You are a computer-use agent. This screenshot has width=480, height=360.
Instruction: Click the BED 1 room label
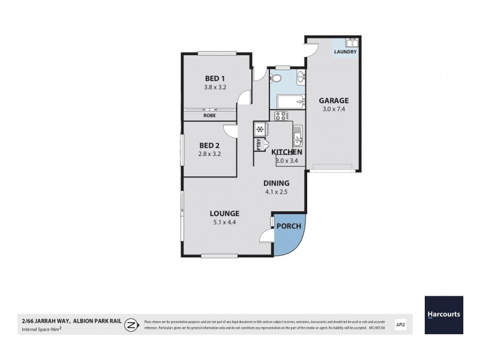215,78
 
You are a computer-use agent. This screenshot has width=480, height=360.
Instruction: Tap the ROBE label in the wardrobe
209,115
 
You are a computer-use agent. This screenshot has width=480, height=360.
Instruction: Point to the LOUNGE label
224,213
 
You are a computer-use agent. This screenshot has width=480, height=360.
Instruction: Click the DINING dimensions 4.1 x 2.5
277,193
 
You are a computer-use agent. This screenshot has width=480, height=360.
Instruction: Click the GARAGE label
334,101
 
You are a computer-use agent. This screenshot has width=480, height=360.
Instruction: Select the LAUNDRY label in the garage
345,52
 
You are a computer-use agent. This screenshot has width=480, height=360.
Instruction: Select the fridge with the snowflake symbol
261,130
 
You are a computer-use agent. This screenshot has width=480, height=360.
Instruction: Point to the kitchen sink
297,137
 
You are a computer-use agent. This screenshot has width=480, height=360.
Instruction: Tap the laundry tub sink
352,43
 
